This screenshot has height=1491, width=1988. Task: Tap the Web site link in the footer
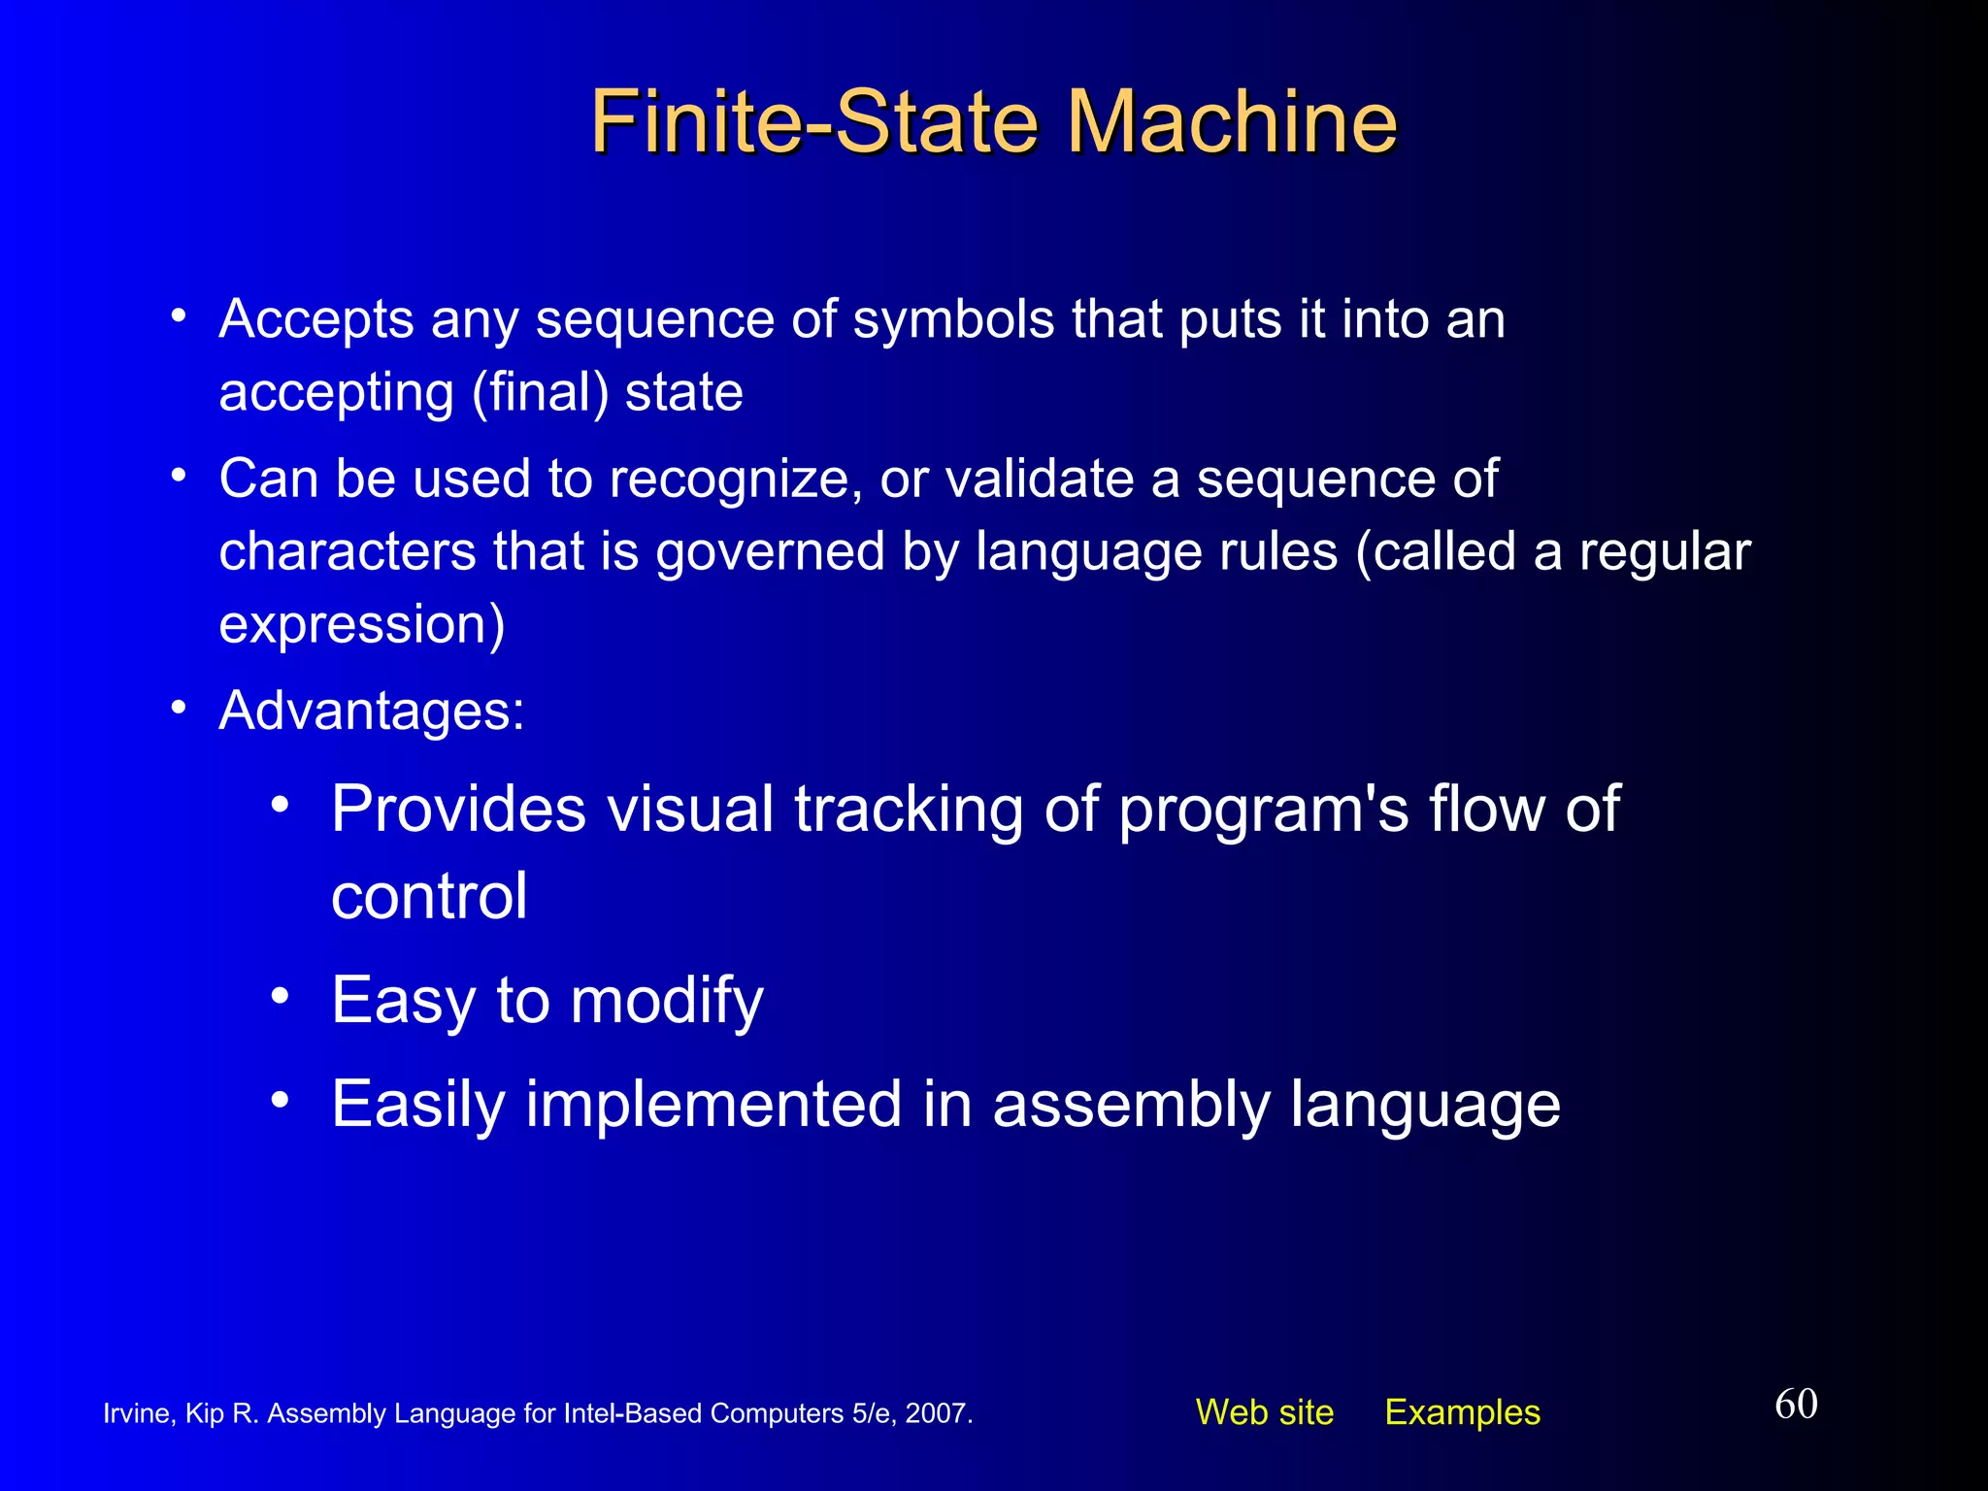coord(1264,1412)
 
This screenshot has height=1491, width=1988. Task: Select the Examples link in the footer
coord(1462,1412)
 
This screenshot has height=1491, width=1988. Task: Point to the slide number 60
coord(1796,1404)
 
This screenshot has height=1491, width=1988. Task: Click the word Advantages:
coord(372,711)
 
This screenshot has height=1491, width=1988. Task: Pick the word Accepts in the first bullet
coord(316,319)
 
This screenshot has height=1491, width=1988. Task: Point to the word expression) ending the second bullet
coord(362,624)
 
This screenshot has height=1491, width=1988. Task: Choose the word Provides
coord(458,809)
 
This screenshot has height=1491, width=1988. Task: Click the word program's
coord(1263,811)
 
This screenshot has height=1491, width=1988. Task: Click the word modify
coord(667,1001)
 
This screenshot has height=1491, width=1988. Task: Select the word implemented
coord(713,1105)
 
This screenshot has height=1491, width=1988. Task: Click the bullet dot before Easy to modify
coord(281,996)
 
